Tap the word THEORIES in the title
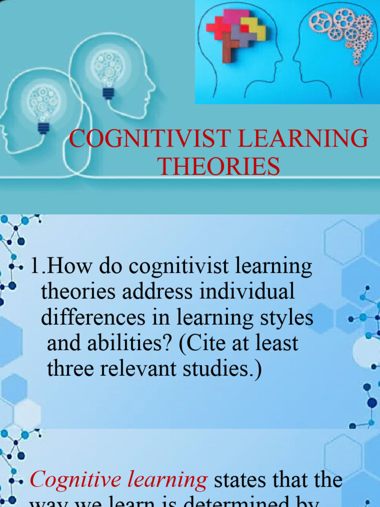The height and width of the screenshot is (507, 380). [x=219, y=166]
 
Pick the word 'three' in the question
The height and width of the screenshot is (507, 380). [x=70, y=369]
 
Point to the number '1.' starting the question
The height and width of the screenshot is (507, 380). [x=39, y=267]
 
